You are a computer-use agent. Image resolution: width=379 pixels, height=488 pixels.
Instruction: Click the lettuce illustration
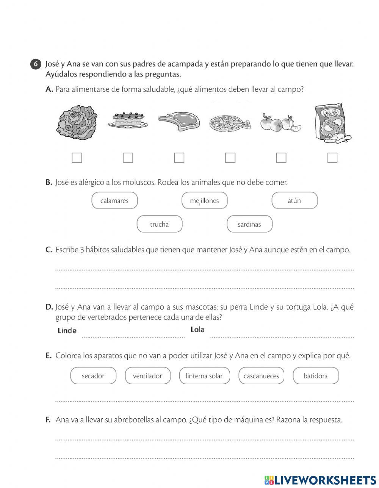point(78,122)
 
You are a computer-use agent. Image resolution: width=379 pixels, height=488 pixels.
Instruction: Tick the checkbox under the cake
point(128,158)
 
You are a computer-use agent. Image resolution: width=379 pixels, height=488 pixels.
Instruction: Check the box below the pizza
point(230,158)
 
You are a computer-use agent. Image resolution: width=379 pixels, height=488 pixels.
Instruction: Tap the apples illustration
point(280,122)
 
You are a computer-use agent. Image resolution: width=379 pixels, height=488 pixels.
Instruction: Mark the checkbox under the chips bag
point(332,158)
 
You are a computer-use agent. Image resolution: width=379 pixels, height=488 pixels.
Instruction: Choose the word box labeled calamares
point(114,200)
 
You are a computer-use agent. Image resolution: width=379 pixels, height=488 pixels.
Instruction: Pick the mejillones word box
point(205,200)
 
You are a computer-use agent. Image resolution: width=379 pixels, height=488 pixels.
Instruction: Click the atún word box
point(294,200)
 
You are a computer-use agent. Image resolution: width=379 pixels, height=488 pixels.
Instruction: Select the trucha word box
point(160,224)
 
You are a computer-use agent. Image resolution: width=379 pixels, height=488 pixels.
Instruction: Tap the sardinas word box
point(249,224)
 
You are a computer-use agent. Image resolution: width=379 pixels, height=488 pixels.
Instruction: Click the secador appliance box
point(93,376)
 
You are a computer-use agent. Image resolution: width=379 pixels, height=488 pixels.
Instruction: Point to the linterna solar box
point(204,376)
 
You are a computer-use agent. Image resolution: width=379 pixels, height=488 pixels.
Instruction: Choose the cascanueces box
point(261,376)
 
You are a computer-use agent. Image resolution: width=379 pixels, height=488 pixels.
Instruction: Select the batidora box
point(316,376)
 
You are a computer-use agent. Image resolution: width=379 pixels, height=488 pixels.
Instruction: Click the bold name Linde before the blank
point(67,330)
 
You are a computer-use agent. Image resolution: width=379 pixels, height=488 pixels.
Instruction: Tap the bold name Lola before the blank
point(197,330)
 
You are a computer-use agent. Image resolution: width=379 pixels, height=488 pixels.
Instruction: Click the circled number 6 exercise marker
point(35,64)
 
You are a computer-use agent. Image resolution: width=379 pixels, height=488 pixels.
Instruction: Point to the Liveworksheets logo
point(320,479)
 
